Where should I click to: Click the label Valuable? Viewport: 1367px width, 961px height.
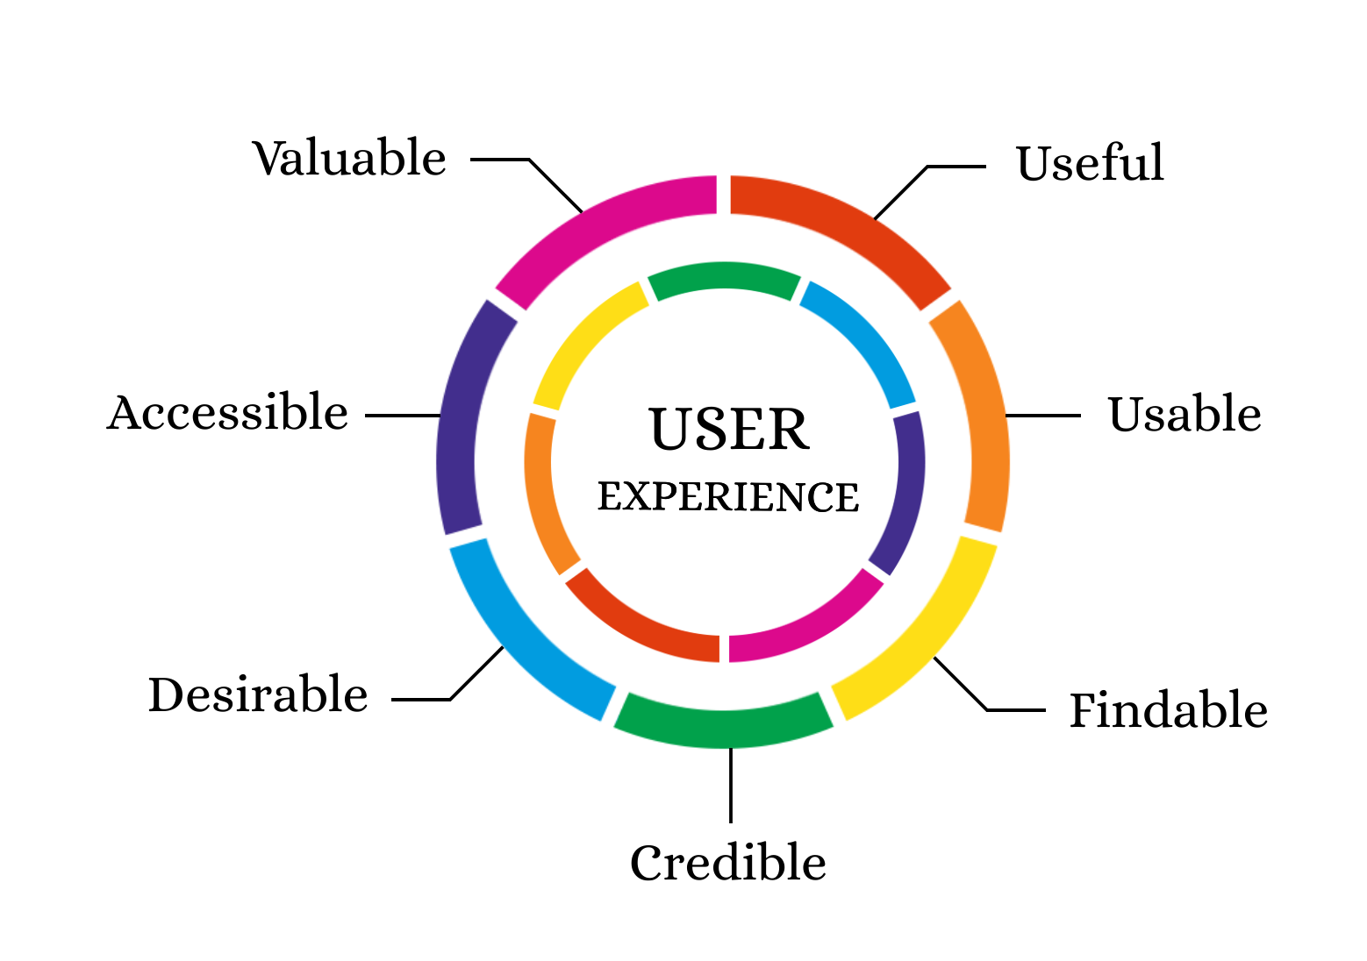pos(350,159)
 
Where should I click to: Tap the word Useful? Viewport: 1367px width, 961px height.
pos(1090,164)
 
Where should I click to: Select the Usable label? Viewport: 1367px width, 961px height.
pos(1184,415)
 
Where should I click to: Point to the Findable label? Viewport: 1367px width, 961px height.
pos(1168,710)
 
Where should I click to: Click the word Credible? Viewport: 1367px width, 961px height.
pos(727,863)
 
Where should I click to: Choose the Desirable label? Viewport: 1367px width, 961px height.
pos(258,695)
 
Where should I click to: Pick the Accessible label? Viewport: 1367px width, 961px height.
pos(227,413)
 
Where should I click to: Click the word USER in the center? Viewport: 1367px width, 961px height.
pos(728,430)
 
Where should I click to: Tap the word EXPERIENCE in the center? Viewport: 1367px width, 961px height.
pos(728,497)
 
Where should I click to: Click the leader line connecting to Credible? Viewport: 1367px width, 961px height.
pos(730,785)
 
